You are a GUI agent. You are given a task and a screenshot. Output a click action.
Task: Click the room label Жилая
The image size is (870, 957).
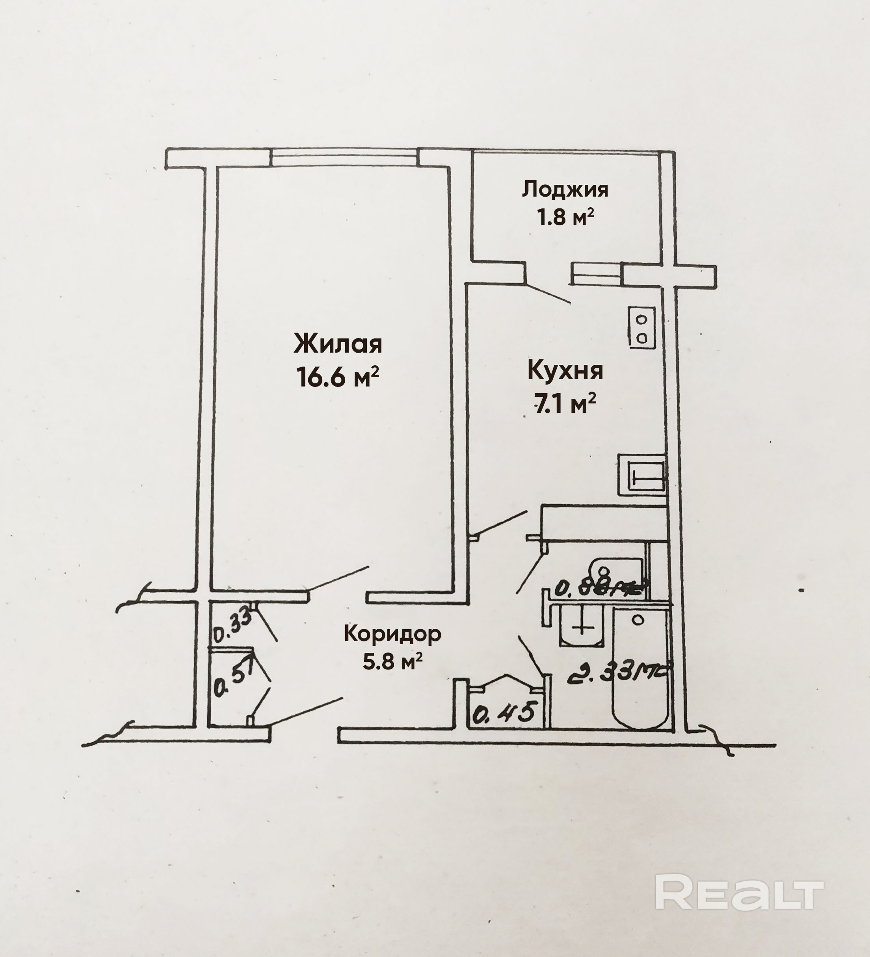[x=338, y=344]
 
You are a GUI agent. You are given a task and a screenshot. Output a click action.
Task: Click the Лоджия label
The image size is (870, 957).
[x=565, y=189]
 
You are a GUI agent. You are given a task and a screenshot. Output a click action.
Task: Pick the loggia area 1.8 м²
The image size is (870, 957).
[x=565, y=217]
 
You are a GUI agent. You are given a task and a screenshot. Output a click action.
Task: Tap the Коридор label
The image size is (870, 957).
[x=392, y=633]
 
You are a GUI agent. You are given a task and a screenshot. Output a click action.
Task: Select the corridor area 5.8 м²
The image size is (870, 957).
[x=392, y=661]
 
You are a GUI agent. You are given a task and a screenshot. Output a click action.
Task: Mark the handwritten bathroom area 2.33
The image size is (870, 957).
[x=617, y=673]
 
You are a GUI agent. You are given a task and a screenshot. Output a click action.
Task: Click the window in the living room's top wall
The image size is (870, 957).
[x=345, y=158]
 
